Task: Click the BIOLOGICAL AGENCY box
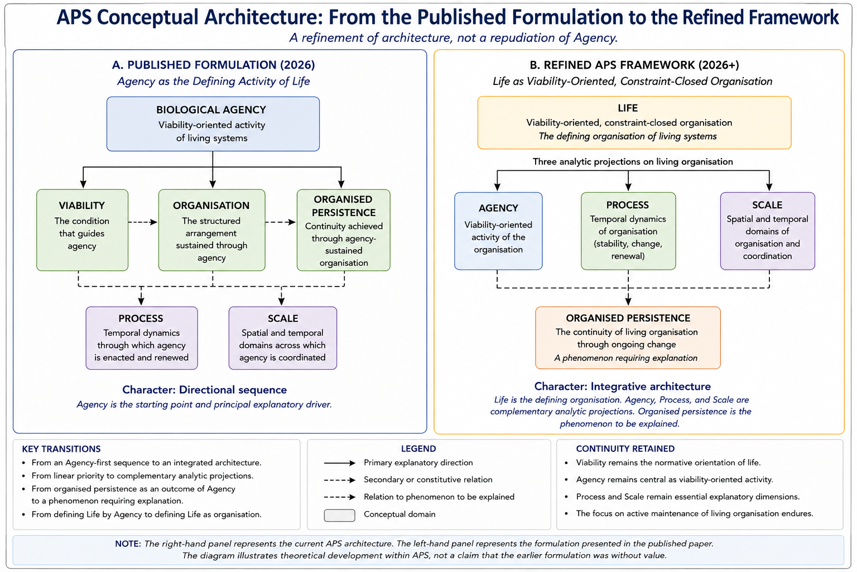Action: tap(213, 124)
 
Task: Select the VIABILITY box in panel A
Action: tap(82, 230)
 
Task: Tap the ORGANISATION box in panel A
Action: tap(212, 230)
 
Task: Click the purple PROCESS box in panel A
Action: tap(142, 338)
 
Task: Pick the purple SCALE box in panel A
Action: tap(283, 338)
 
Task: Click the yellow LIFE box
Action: tap(634, 122)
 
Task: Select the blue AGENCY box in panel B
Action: tap(498, 231)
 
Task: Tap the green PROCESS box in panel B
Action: tap(628, 231)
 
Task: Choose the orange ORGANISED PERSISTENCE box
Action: tap(628, 337)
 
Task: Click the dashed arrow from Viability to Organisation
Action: tap(143, 222)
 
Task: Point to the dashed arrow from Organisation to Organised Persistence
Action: tap(281, 222)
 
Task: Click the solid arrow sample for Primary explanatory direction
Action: tap(340, 463)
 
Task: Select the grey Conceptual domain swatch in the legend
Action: tap(339, 515)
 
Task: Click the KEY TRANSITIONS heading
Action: tap(61, 449)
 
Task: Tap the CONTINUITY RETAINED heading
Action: tap(625, 449)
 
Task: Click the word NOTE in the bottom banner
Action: tap(128, 544)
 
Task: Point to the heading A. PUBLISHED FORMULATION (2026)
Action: tap(214, 65)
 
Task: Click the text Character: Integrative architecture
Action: tap(623, 386)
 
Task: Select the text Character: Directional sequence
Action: tap(205, 390)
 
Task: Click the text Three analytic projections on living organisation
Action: tap(633, 161)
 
